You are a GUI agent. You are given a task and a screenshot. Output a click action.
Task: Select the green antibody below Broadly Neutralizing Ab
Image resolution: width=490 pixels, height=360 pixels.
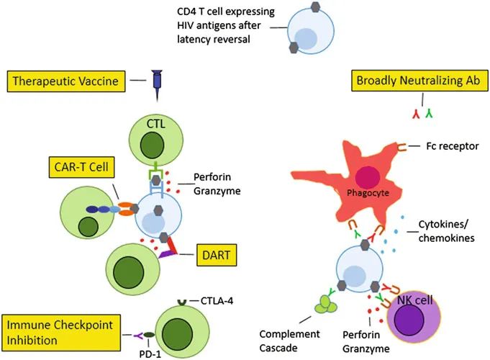pyautogui.click(x=429, y=114)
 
